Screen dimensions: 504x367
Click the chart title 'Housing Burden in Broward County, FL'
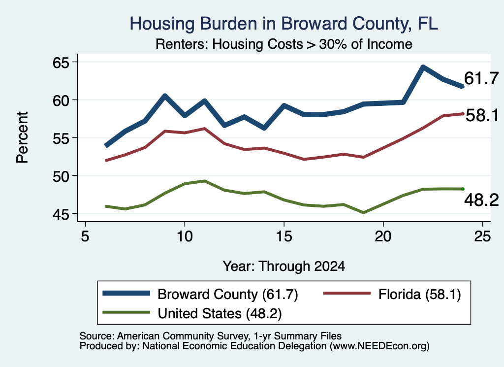coord(283,24)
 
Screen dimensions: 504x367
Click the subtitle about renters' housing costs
coord(284,44)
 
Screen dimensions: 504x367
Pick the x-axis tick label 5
coord(85,236)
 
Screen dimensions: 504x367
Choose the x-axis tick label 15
coord(284,236)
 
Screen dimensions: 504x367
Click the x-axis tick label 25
coord(482,236)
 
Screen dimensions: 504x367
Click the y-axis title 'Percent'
coord(22,137)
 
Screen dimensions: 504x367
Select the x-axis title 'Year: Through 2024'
coord(284,267)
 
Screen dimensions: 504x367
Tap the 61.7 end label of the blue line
coord(481,78)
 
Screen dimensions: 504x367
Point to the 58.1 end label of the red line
coord(482,115)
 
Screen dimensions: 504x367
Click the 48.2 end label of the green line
coord(481,200)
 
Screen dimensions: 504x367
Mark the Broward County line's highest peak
coord(423,67)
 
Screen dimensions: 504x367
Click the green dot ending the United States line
coord(463,189)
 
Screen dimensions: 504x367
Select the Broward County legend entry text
coord(228,294)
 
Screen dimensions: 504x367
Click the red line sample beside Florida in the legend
coord(347,293)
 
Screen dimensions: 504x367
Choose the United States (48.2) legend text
coord(220,313)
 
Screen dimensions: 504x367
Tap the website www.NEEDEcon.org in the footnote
coord(379,346)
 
